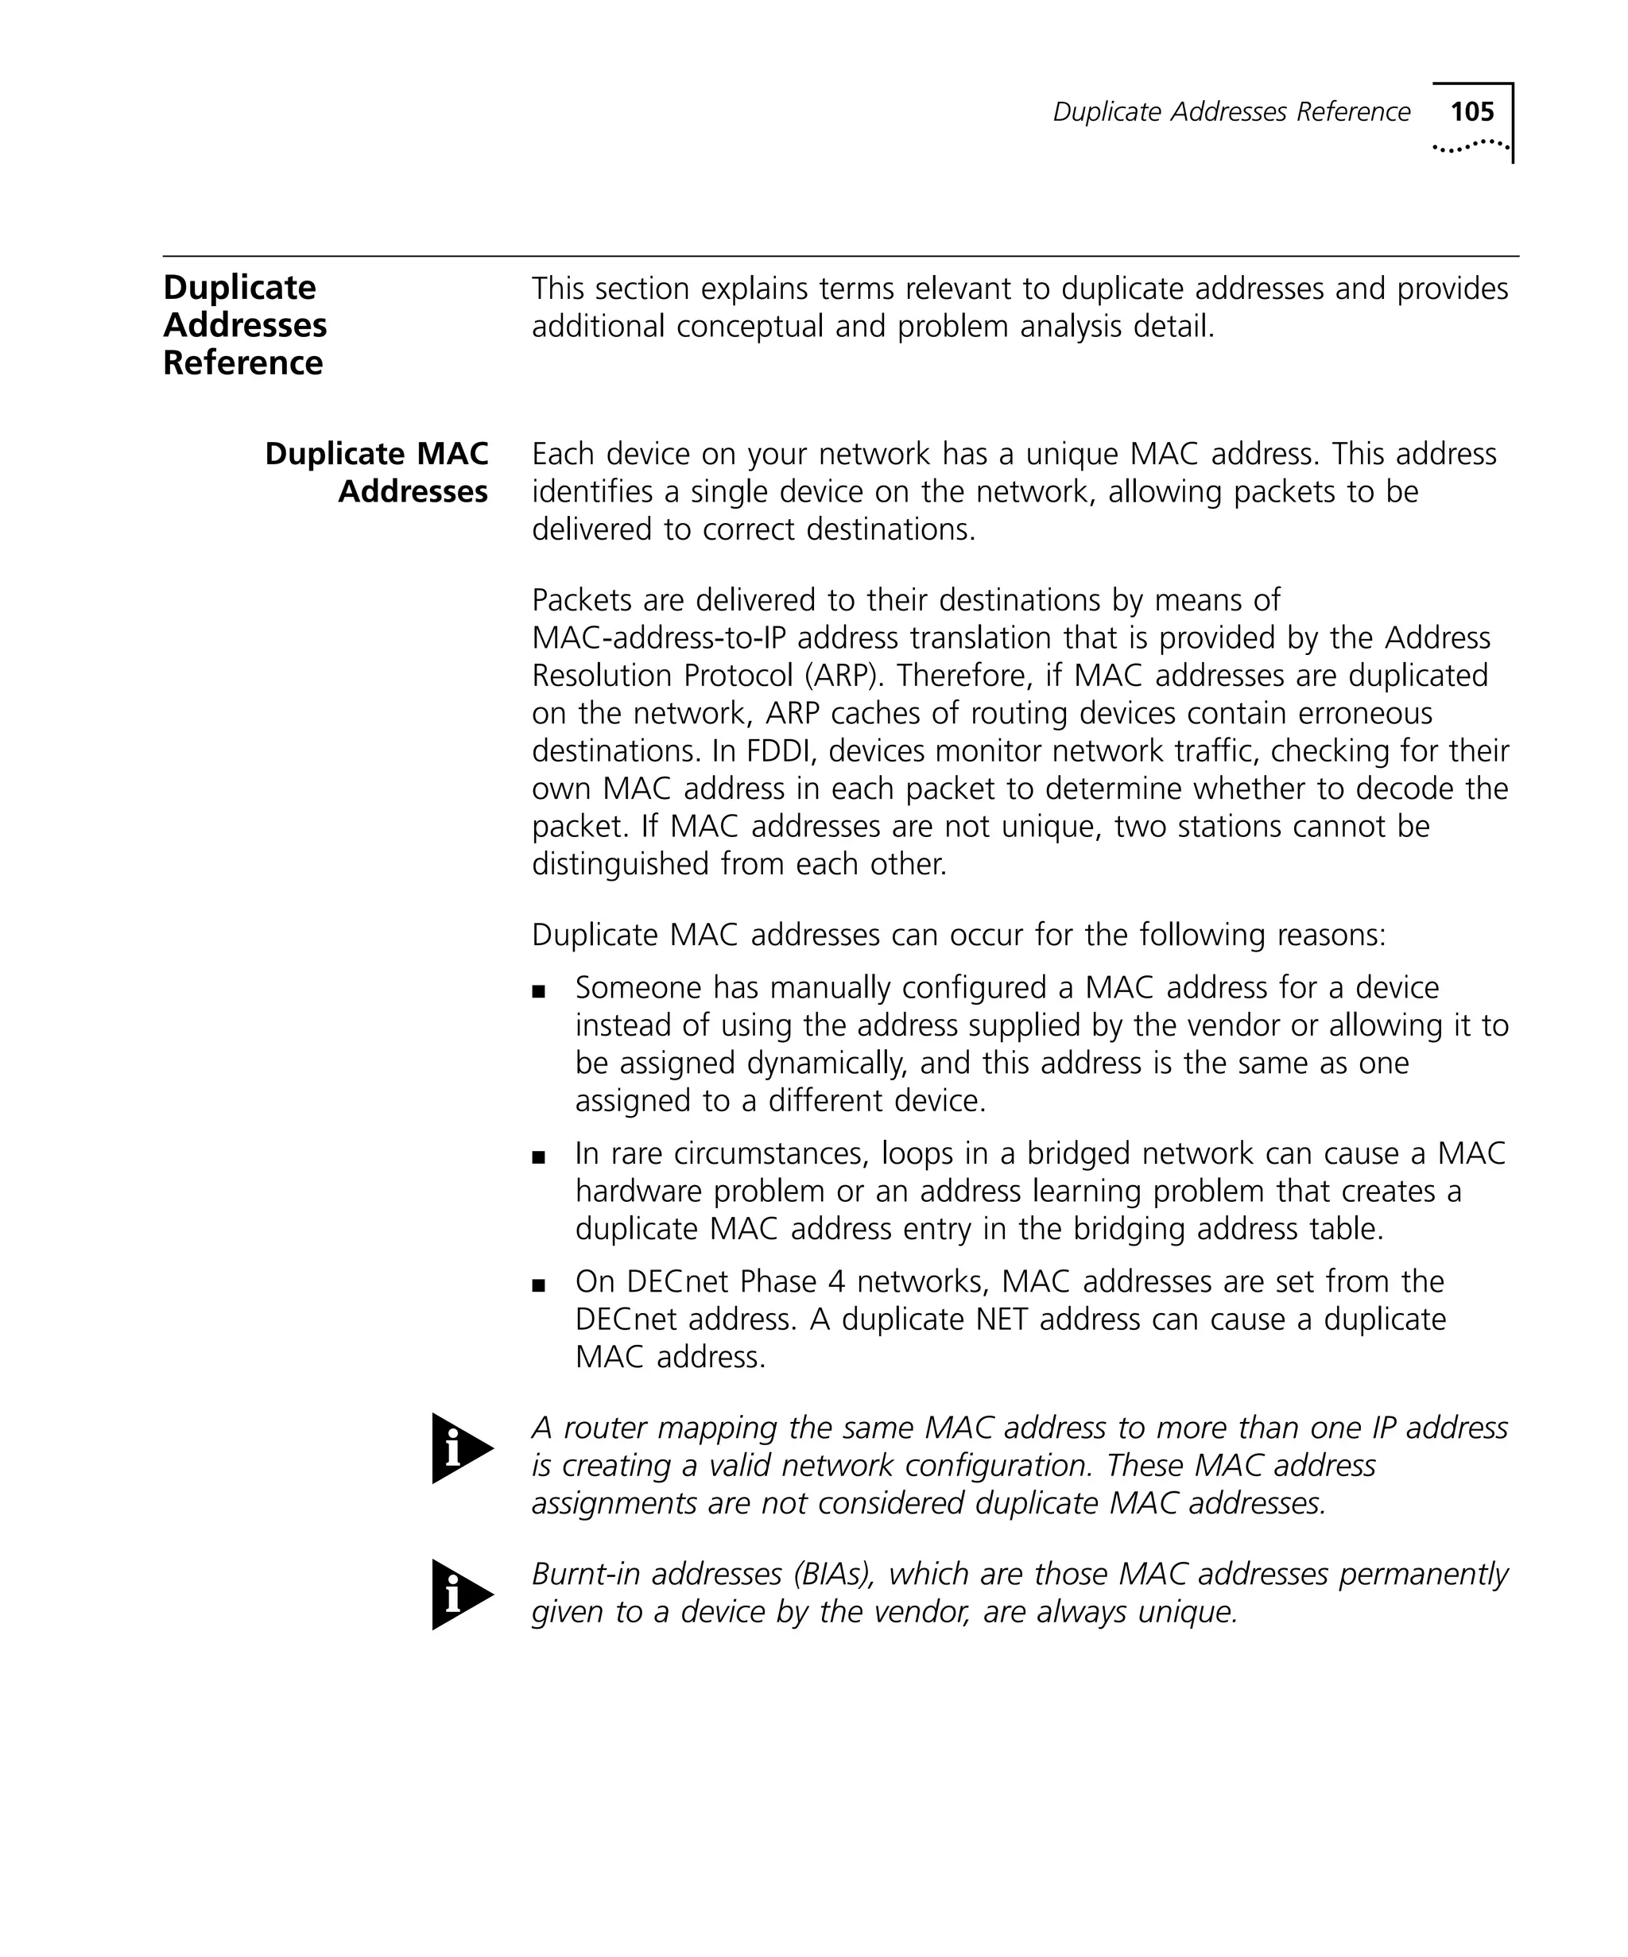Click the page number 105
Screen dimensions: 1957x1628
coord(1471,112)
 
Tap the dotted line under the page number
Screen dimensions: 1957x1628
coord(1470,145)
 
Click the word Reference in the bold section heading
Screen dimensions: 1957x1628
coord(242,363)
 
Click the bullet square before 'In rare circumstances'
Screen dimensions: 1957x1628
coord(537,1157)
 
